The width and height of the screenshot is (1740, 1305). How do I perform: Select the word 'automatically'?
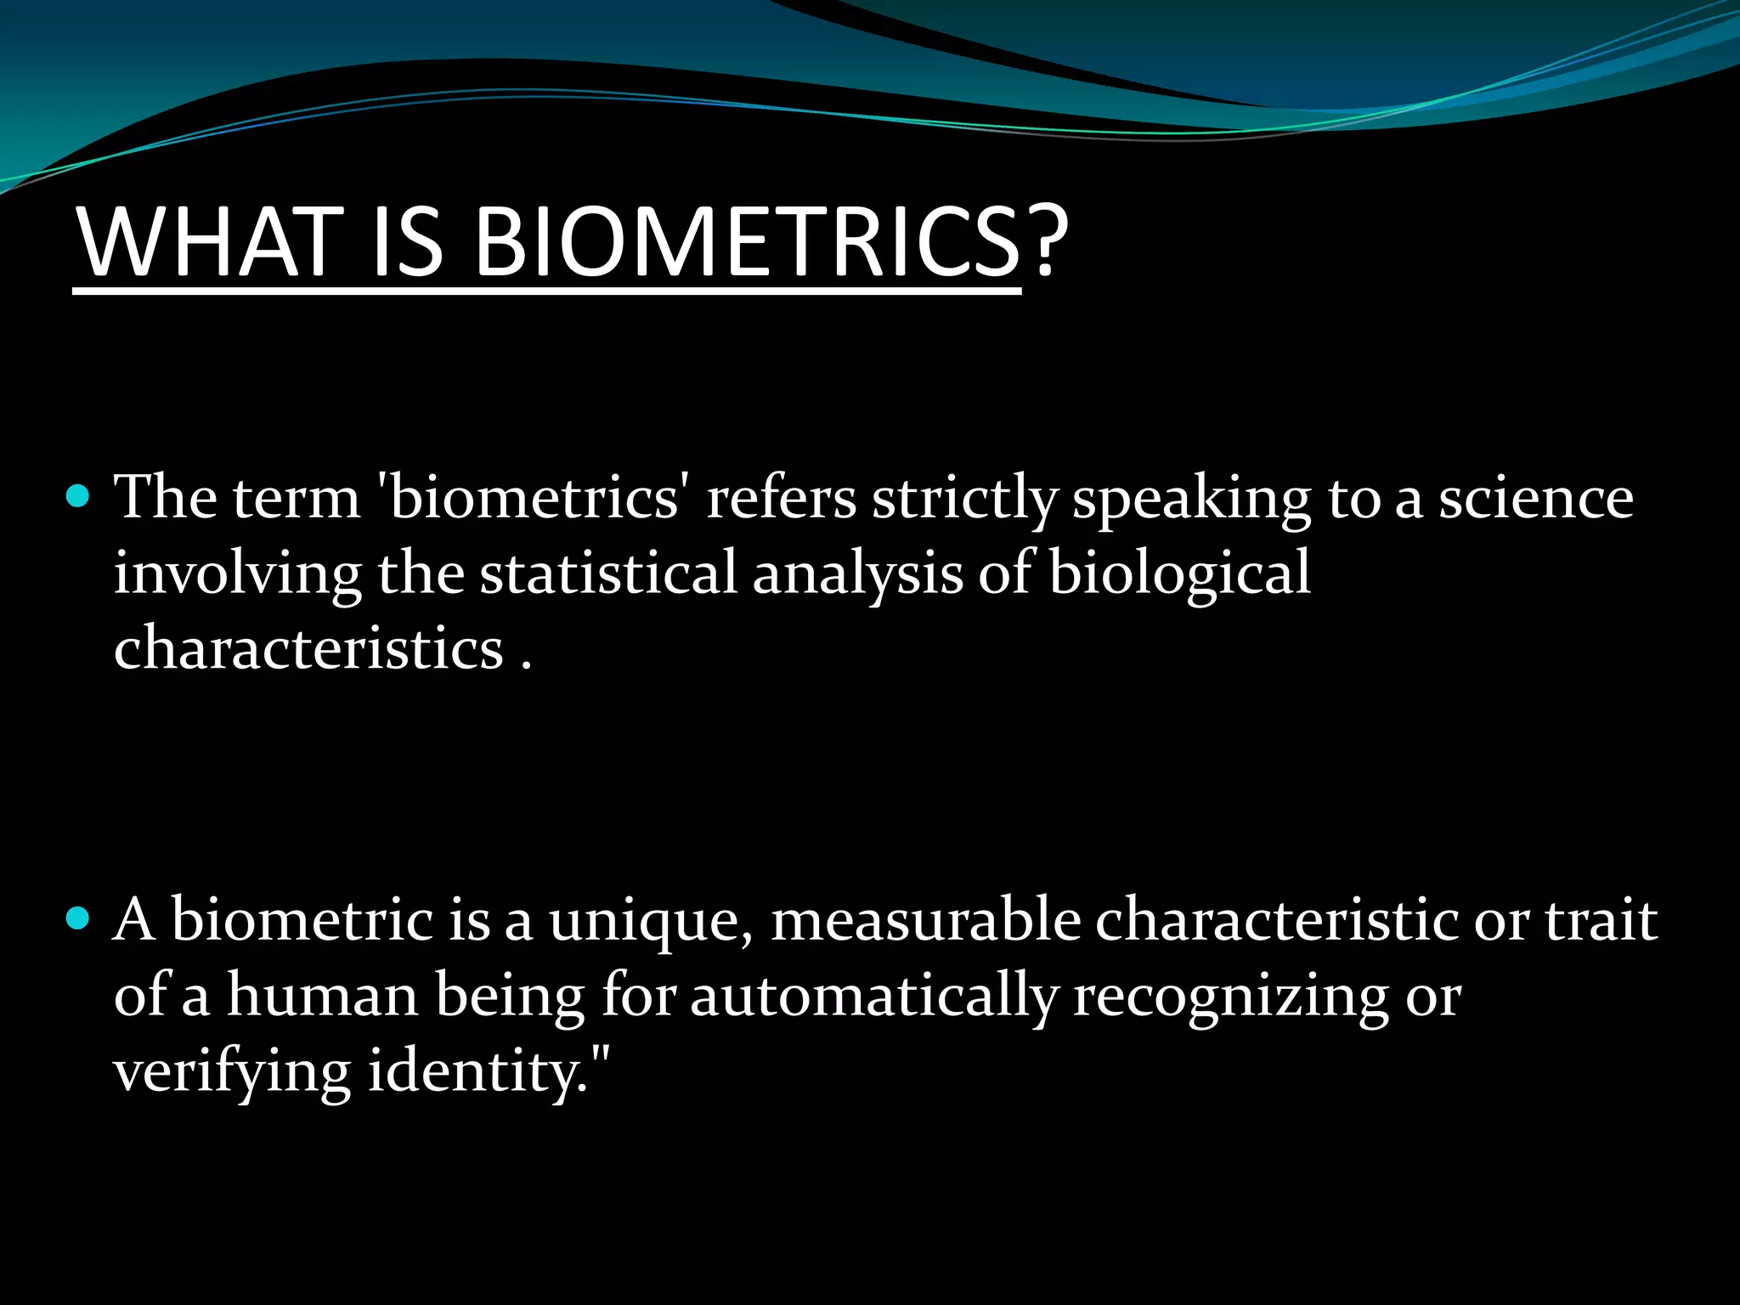pos(874,997)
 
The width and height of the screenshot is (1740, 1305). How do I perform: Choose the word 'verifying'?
pos(231,1072)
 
